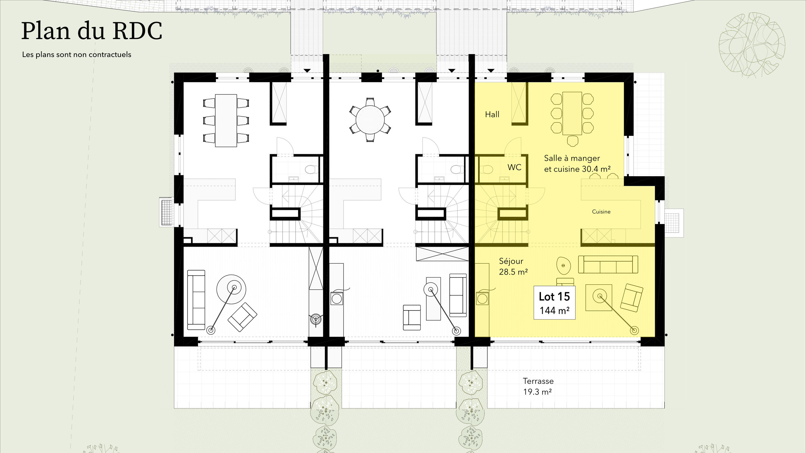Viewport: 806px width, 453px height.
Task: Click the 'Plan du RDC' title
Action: (x=92, y=31)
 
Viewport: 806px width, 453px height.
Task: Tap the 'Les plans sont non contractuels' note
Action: (x=77, y=54)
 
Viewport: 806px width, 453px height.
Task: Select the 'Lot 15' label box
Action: (x=554, y=303)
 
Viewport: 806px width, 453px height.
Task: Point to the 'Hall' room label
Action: (x=492, y=114)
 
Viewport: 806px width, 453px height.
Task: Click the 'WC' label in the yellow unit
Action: (x=514, y=167)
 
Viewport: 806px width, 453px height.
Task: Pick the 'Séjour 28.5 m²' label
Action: (x=513, y=266)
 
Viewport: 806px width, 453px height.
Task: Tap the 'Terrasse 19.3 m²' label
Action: (x=538, y=386)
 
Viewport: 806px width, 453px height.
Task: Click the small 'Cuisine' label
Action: (x=601, y=212)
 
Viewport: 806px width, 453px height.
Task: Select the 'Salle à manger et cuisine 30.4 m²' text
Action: (x=577, y=164)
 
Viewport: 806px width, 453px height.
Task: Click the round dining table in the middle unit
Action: (x=370, y=120)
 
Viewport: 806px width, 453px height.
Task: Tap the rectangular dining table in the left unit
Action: (x=226, y=120)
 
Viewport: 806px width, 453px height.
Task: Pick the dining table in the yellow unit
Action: (x=572, y=113)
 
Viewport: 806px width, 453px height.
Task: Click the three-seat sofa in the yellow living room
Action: (x=608, y=264)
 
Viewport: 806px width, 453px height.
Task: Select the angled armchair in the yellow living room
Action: (x=632, y=298)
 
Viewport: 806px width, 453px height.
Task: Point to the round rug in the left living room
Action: (x=231, y=289)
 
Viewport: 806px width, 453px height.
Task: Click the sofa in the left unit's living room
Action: (x=196, y=300)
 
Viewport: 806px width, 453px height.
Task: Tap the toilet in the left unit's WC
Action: (x=311, y=170)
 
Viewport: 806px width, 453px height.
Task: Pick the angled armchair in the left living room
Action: (x=242, y=317)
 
